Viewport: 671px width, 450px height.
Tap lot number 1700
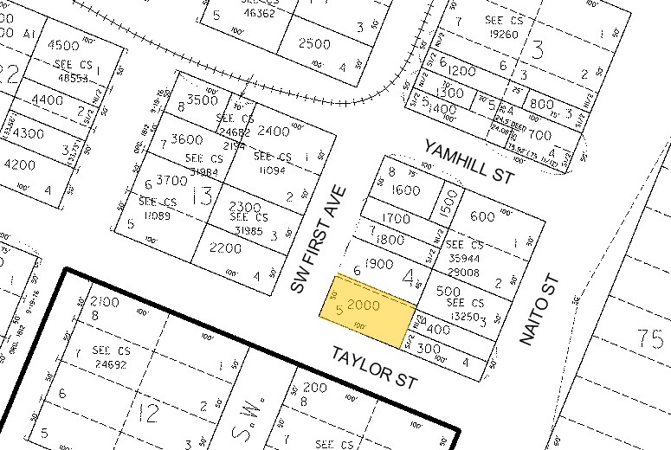(395, 218)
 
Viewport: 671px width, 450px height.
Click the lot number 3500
(202, 100)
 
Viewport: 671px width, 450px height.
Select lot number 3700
(171, 180)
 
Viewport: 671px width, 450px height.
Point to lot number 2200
(226, 248)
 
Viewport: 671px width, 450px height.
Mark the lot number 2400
(274, 132)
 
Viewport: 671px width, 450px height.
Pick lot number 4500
(63, 45)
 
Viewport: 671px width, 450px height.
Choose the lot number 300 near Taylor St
(429, 348)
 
